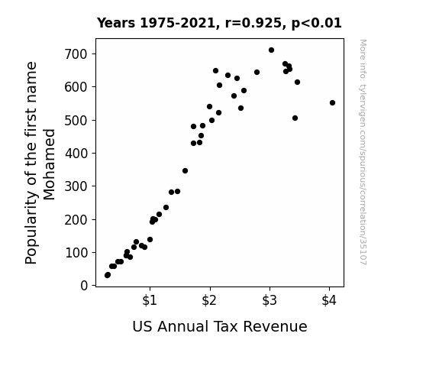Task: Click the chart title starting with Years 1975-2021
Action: (x=219, y=23)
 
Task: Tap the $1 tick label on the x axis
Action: (x=150, y=300)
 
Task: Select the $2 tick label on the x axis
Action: (x=209, y=300)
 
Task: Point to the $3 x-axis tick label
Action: (x=270, y=300)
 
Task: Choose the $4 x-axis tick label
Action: (x=329, y=300)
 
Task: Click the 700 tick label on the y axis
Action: (x=76, y=54)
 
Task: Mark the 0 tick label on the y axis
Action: (x=84, y=286)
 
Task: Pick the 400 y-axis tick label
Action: (x=76, y=154)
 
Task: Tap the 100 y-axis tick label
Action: (x=76, y=253)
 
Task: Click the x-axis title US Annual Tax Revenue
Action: (x=220, y=326)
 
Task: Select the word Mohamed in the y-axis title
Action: (x=50, y=164)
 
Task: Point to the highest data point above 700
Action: (x=271, y=50)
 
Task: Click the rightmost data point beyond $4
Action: (x=332, y=103)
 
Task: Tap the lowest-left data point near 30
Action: (x=108, y=275)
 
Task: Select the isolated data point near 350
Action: (x=185, y=170)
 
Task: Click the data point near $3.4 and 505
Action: (x=295, y=118)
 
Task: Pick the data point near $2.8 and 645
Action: (x=257, y=73)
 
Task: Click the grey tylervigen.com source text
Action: (x=363, y=152)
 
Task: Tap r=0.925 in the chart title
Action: (x=253, y=23)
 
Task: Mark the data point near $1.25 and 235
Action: (x=166, y=208)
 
